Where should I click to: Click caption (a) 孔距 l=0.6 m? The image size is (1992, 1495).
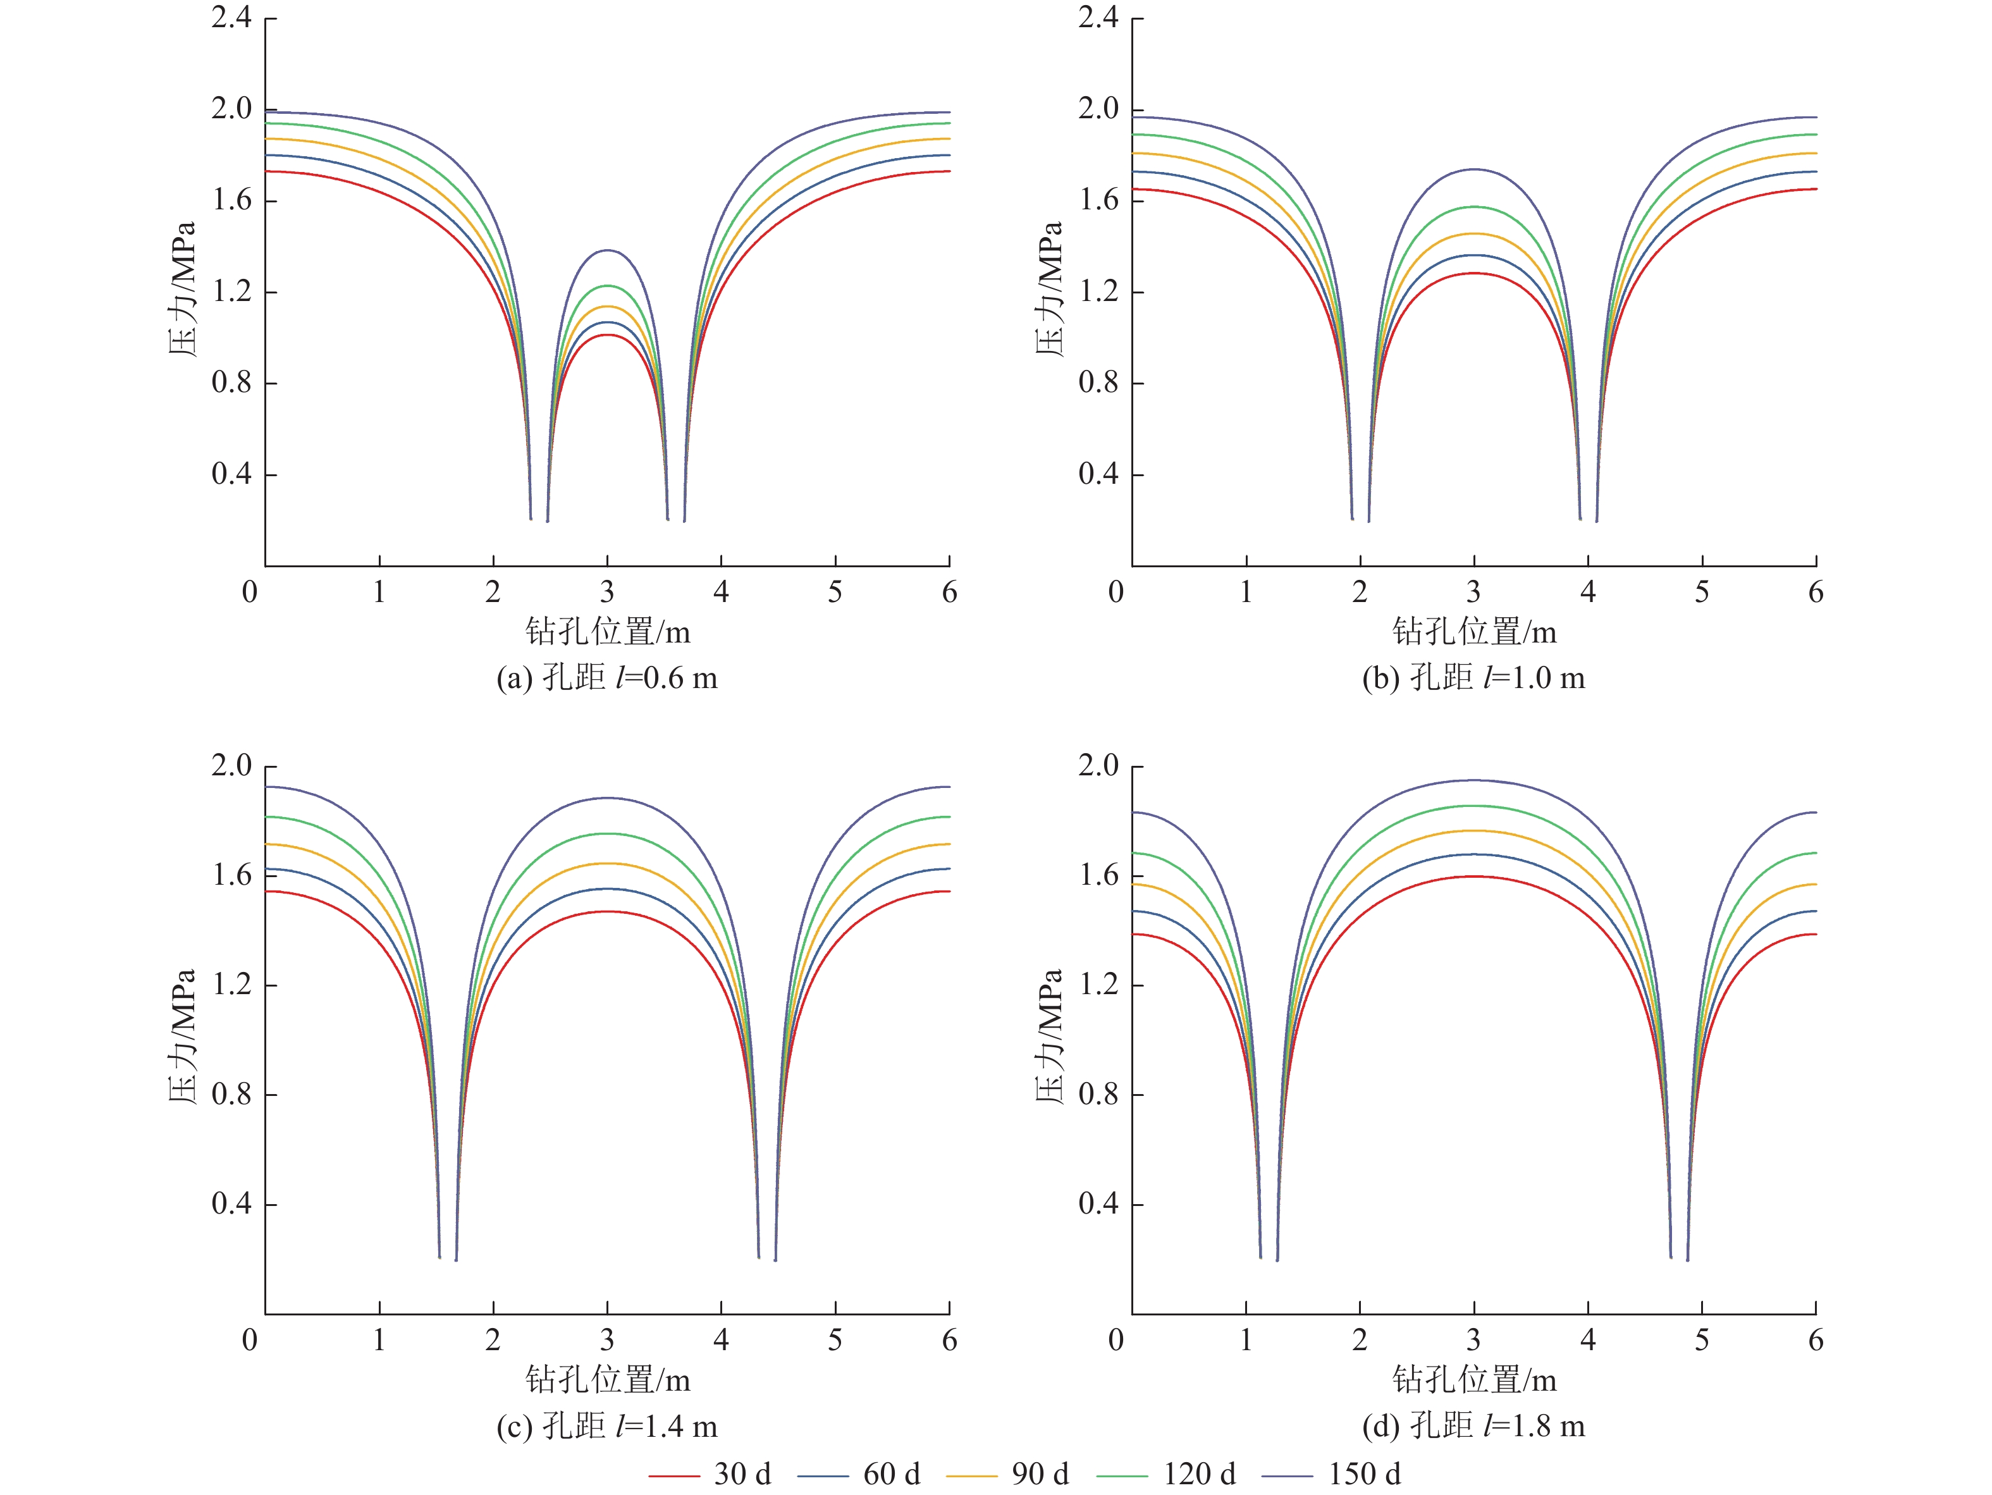point(607,677)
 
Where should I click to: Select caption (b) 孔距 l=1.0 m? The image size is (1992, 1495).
point(1473,677)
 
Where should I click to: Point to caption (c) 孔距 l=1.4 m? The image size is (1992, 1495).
point(607,1425)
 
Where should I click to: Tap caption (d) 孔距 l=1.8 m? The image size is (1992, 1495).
point(1473,1425)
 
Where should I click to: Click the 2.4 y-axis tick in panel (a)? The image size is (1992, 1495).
point(231,17)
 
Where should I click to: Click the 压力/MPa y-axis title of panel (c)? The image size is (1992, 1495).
point(183,1036)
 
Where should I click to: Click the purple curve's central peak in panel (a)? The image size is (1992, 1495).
point(607,250)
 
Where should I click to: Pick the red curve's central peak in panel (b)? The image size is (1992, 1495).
point(1473,273)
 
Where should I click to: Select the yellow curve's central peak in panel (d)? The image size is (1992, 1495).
point(1473,830)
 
